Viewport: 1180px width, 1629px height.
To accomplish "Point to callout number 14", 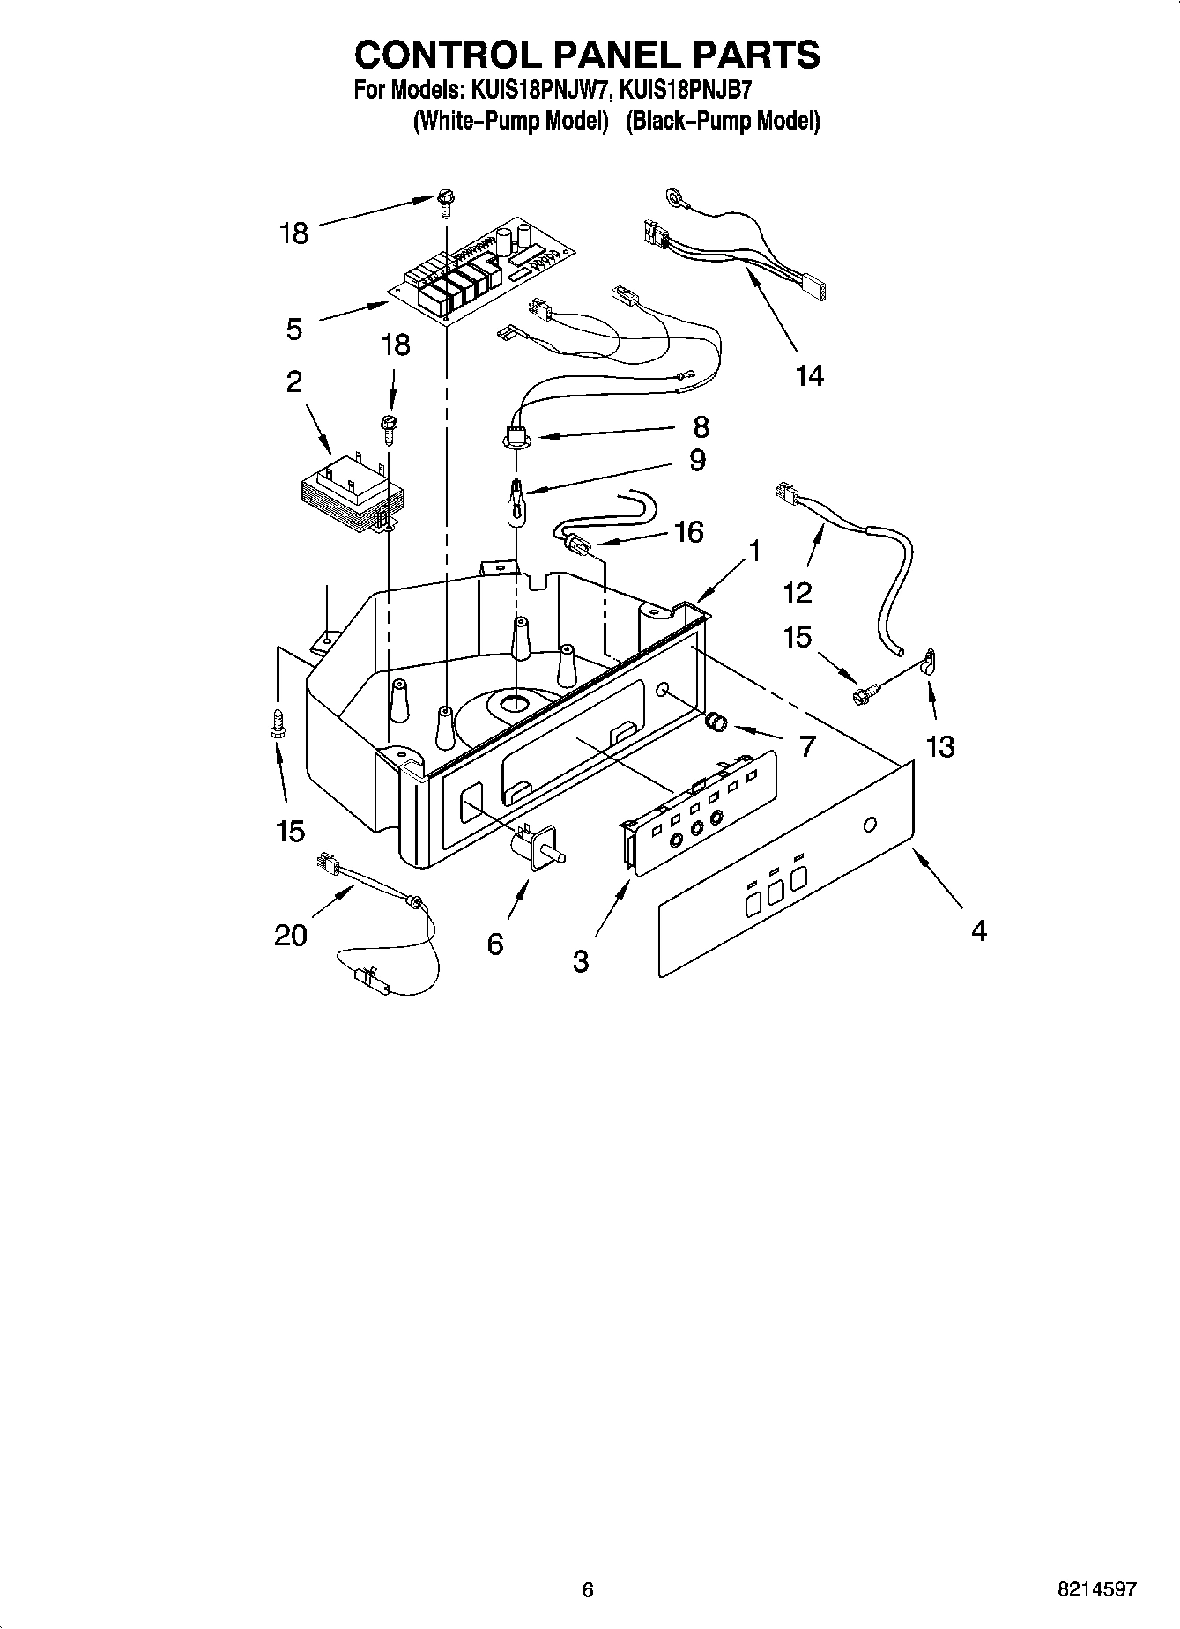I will (809, 375).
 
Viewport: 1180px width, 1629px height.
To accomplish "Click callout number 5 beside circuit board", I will (294, 329).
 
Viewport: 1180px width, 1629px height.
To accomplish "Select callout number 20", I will (291, 935).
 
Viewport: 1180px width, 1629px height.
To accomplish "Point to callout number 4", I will (979, 929).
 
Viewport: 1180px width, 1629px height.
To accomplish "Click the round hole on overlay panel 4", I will (870, 826).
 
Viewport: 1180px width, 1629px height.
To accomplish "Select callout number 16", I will (688, 531).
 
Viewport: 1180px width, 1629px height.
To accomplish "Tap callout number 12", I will (797, 593).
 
